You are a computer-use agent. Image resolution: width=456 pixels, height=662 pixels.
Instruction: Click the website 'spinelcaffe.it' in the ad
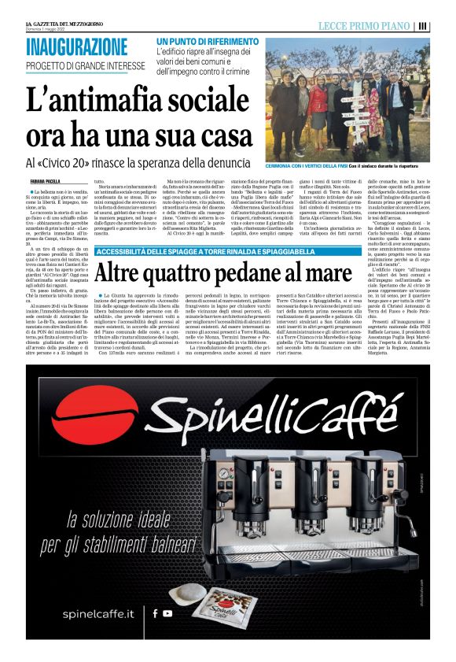coord(87,612)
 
